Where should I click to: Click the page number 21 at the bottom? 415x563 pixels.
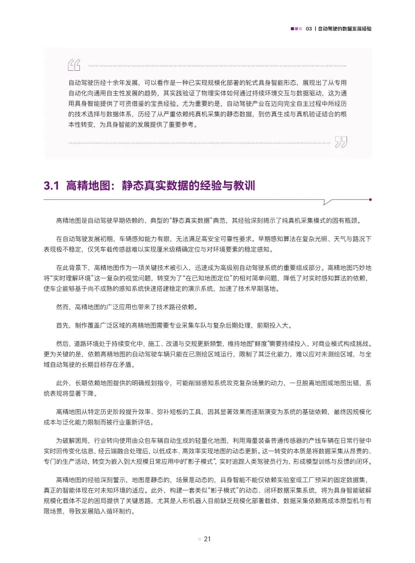(207, 539)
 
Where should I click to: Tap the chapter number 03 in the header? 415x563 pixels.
(309, 29)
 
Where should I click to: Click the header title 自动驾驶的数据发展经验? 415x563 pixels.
(345, 29)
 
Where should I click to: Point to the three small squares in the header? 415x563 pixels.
(296, 29)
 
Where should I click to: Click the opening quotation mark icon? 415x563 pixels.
(74, 65)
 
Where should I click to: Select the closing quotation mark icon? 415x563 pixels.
(341, 142)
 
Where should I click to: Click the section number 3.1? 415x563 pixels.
(51, 186)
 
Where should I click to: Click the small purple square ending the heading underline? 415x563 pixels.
(370, 199)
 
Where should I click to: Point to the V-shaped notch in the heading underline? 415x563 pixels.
(327, 202)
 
